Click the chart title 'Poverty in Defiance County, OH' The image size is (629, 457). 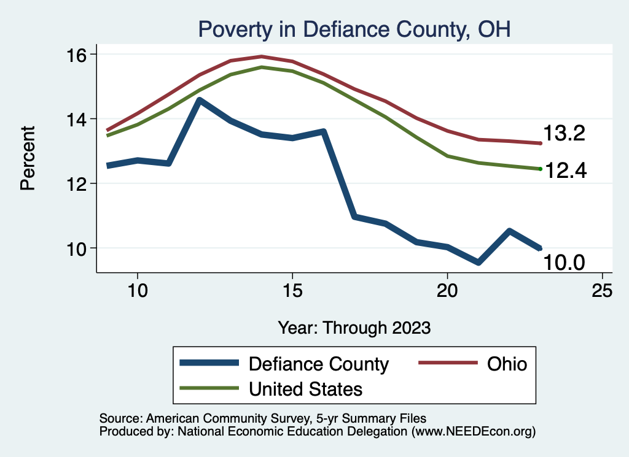353,29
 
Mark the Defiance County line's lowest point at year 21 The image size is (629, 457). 478,263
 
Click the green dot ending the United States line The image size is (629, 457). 540,169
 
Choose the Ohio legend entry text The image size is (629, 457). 507,364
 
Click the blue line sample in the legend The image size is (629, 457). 209,364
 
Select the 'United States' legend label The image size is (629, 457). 305,389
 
